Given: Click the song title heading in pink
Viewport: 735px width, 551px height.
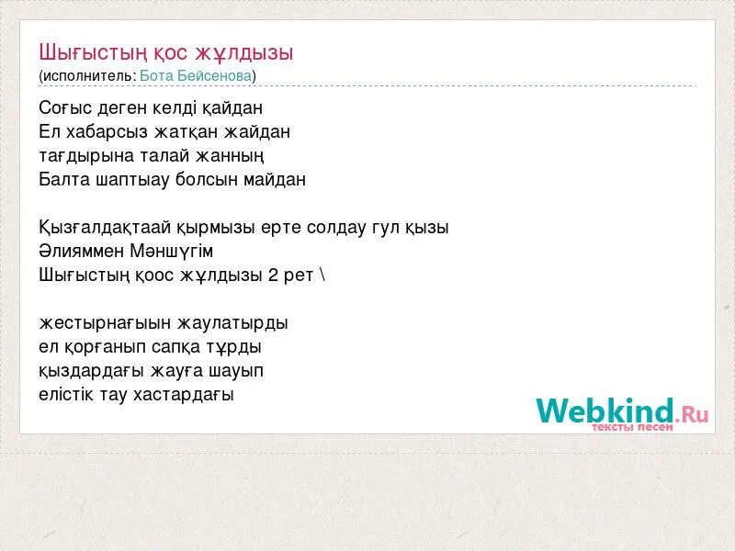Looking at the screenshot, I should (x=166, y=52).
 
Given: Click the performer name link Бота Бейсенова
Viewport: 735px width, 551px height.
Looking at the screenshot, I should (x=197, y=75).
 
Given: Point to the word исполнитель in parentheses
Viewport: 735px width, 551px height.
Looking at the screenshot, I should (x=87, y=75).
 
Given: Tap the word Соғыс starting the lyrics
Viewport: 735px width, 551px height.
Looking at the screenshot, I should (x=64, y=108).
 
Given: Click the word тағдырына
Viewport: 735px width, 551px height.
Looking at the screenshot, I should (x=81, y=156).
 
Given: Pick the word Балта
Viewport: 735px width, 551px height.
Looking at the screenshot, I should (x=64, y=180).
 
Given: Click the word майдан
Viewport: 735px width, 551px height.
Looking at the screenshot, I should (x=275, y=180).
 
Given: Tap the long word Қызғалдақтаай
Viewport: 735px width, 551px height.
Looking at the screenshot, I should (x=101, y=228).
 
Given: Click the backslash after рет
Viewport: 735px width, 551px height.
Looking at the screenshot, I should (x=322, y=275).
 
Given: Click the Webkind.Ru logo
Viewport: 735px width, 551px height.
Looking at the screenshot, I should (x=622, y=410).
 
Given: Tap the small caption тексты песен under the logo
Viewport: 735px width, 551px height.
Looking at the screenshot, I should (x=632, y=427).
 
